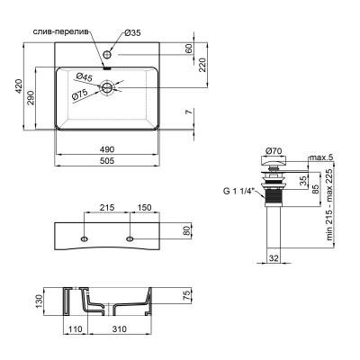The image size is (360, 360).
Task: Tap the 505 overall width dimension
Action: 109,163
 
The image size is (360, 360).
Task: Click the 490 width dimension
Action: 109,149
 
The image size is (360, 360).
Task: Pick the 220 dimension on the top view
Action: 202,64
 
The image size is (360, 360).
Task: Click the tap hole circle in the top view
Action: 109,53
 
